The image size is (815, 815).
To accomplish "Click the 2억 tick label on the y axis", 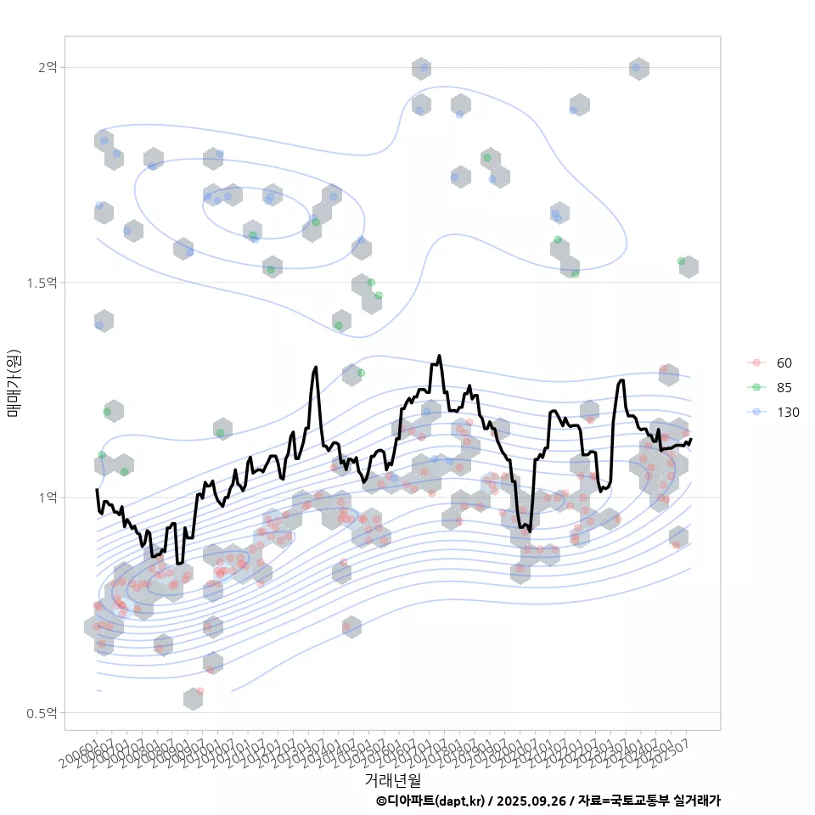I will [48, 67].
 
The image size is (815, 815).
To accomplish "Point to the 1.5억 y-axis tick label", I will [42, 282].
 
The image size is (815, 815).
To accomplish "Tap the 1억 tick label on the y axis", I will [48, 497].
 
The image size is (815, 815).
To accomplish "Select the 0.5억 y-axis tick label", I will [42, 712].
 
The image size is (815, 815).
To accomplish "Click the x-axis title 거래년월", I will [392, 779].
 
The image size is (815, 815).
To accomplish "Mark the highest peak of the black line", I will [439, 356].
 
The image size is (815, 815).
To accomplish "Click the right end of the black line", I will [691, 440].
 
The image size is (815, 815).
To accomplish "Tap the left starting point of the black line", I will [97, 490].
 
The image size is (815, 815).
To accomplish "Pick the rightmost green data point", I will [681, 261].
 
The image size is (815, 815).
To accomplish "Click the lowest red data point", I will [200, 692].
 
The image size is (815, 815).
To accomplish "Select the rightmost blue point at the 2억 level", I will [636, 67].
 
